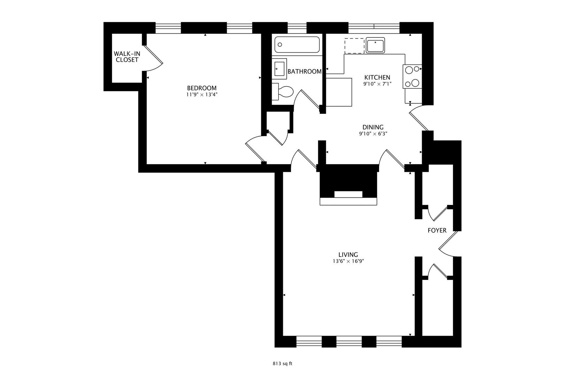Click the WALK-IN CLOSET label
pos(127,57)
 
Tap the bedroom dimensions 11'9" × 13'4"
pos(202,95)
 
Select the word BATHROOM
pos(304,72)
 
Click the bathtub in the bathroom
pos(297,45)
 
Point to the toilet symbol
pos(283,91)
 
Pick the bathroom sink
pos(279,68)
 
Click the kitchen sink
pos(375,45)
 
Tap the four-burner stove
pos(412,76)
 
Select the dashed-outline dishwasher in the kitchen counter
pos(354,46)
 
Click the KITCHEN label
pos(377,77)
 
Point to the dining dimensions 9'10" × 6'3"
pos(373,134)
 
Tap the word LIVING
pos(348,255)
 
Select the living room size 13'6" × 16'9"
pos(348,261)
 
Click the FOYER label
pos(437,230)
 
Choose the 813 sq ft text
pos(282,364)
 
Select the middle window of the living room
pos(349,341)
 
